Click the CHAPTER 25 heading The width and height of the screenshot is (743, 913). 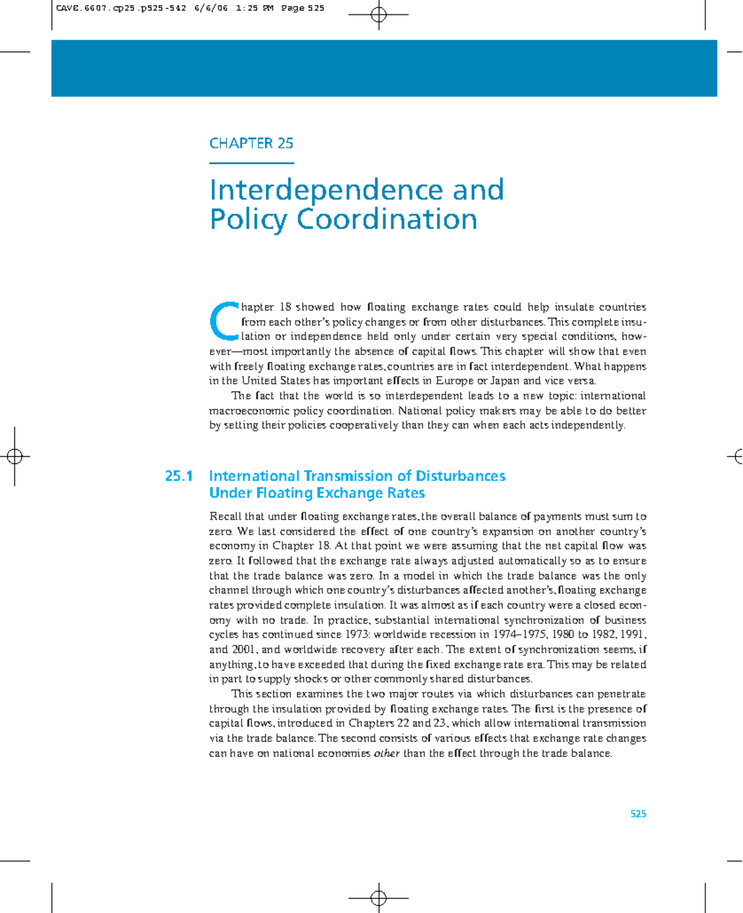tap(251, 143)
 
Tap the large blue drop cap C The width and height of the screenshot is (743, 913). tap(224, 321)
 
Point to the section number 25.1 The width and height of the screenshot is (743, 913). tap(179, 476)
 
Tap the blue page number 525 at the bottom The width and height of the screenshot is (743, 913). tap(638, 814)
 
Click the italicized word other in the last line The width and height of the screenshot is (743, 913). tap(386, 754)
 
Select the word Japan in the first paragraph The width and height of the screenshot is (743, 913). tap(505, 381)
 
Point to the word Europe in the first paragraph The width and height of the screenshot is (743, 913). tap(454, 381)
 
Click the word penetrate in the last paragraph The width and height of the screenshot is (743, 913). tap(624, 694)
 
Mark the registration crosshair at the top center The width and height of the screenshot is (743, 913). tap(378, 15)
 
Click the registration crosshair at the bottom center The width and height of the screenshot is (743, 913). tap(378, 898)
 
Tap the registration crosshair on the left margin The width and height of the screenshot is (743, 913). tap(15, 457)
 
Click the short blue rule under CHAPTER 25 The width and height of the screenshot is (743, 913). tap(251, 164)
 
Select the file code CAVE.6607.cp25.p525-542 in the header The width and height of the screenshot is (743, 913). tap(121, 9)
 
